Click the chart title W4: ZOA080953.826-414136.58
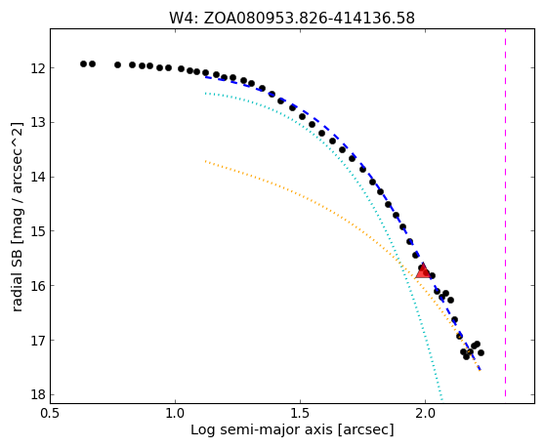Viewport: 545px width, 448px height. (x=292, y=18)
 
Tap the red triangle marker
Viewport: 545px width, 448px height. (x=423, y=271)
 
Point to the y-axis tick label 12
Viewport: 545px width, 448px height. (x=38, y=68)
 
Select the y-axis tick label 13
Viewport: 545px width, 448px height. (x=38, y=123)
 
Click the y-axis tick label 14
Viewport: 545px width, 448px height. (x=38, y=177)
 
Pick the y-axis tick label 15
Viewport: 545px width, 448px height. (x=38, y=231)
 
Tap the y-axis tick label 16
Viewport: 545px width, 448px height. (x=38, y=286)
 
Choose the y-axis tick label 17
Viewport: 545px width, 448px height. (x=38, y=341)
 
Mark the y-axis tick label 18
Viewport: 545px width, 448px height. (x=38, y=395)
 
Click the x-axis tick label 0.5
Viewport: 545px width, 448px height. (x=51, y=414)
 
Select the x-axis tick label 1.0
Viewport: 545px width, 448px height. (x=175, y=414)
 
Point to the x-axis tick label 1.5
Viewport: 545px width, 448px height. (x=300, y=414)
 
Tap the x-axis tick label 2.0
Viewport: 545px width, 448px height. (x=425, y=414)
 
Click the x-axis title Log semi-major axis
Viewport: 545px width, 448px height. (x=263, y=429)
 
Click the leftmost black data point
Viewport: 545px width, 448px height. (x=83, y=63)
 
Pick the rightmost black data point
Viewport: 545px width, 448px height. (x=482, y=352)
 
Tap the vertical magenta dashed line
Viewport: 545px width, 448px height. (x=505, y=213)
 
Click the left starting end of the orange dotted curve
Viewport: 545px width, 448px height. (x=205, y=161)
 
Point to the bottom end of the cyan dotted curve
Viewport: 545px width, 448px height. (x=441, y=400)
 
